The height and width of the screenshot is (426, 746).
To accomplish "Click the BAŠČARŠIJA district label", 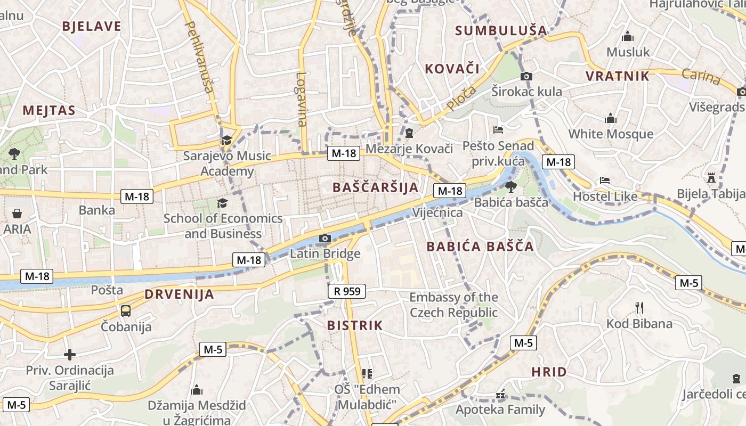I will point(375,187).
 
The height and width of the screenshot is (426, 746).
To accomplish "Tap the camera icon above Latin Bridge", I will point(325,238).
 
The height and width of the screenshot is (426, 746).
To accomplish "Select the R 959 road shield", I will point(346,291).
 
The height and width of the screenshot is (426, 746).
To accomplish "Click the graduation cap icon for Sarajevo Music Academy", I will point(226,140).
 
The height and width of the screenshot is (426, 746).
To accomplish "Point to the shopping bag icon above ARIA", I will point(17,214).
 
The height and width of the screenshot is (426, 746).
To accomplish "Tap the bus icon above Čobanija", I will point(126,310).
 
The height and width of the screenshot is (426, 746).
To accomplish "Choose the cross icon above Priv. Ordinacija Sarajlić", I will point(69,354).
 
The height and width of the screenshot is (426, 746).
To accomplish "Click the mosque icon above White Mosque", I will point(611,118).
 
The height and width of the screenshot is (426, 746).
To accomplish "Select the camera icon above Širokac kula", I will point(526,76).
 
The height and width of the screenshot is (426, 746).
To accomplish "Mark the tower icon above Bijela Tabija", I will point(711,177).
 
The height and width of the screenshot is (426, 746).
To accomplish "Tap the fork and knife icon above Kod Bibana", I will point(639,307).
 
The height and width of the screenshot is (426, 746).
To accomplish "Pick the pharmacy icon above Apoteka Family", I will point(500,395).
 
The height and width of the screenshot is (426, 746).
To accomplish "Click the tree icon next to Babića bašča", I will point(510,186).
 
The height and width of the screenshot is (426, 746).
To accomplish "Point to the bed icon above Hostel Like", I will point(605,181).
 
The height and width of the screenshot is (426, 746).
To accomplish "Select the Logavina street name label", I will point(302,99).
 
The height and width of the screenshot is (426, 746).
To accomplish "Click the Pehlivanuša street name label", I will point(198,56).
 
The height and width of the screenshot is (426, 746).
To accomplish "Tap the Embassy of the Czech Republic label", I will point(453,305).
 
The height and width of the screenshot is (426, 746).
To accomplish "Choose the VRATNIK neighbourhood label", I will point(618,76).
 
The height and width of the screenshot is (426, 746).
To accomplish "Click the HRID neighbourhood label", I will point(549,372).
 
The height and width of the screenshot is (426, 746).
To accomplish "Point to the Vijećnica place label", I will point(437,212).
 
